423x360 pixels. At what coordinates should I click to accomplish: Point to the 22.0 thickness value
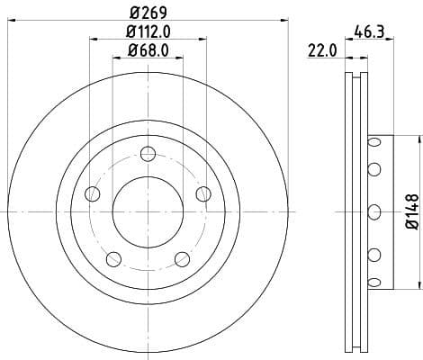(x=321, y=52)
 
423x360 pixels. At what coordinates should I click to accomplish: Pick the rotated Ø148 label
(x=409, y=211)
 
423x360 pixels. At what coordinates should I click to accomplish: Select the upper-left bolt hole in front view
(x=91, y=193)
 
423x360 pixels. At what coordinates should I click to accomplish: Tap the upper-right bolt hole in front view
(x=203, y=193)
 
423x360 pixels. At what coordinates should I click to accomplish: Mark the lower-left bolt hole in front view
(x=112, y=260)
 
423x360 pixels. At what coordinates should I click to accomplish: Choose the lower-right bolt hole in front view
(x=182, y=260)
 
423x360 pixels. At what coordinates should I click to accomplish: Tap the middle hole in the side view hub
(x=373, y=211)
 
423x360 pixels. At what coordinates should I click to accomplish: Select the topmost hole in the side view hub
(x=373, y=144)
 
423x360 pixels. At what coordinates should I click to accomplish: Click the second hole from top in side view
(x=373, y=169)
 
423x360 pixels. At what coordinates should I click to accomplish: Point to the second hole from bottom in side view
(x=373, y=255)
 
